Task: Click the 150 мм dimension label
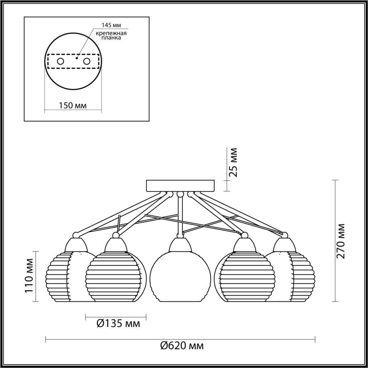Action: pos(73,106)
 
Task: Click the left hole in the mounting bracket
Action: pos(60,61)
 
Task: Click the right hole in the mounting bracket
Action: pos(87,61)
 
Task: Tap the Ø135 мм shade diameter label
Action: pos(118,324)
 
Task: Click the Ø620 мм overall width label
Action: pos(182,345)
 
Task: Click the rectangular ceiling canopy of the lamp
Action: pos(180,186)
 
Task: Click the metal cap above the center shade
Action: pos(180,244)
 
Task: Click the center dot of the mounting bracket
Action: pos(76,58)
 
